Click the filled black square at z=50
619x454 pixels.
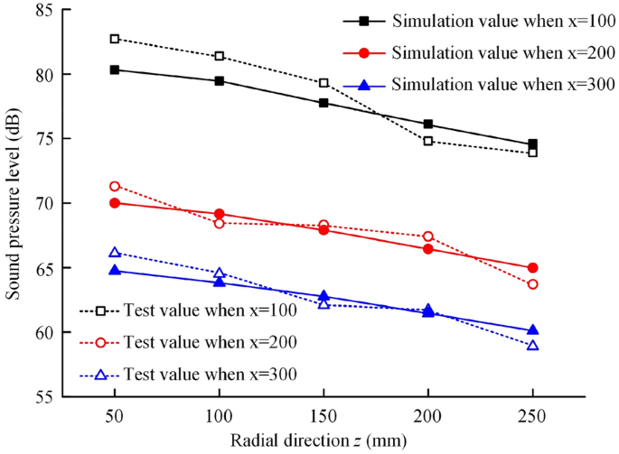click(115, 69)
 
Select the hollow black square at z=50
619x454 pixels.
click(115, 39)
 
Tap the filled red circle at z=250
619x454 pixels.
click(532, 268)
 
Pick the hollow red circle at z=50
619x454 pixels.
click(115, 186)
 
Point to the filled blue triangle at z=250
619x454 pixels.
click(532, 330)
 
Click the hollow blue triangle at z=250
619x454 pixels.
click(532, 346)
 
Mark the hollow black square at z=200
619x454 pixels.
click(428, 141)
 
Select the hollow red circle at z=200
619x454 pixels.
click(428, 236)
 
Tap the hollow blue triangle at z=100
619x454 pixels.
click(220, 273)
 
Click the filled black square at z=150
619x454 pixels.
click(324, 103)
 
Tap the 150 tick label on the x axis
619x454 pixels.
click(324, 414)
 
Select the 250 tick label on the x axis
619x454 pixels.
click(532, 414)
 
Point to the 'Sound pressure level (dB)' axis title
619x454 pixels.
click(14, 203)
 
